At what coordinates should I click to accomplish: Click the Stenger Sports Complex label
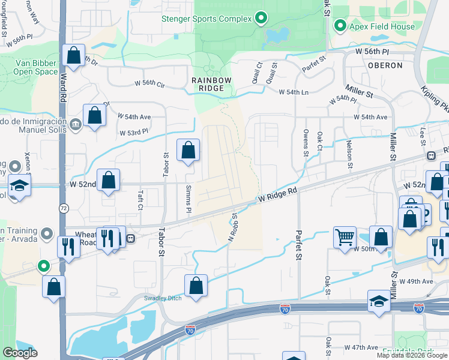[x=206, y=19]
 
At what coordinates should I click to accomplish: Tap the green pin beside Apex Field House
[x=340, y=26]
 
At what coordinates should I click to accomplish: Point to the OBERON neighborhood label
[x=384, y=65]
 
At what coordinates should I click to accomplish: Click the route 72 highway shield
[x=64, y=208]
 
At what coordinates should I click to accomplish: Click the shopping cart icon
[x=345, y=237]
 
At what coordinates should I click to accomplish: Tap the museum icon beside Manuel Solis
[x=75, y=125]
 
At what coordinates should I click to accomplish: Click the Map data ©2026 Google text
[x=411, y=355]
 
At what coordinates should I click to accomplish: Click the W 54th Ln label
[x=293, y=92]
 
